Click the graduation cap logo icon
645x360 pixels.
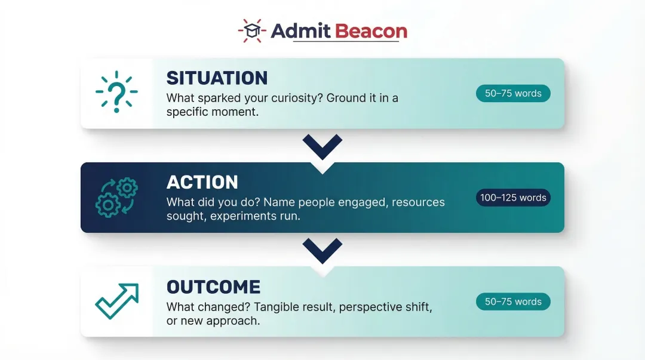pyautogui.click(x=251, y=30)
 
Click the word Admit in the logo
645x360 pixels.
pyautogui.click(x=300, y=31)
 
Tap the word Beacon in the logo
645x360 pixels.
pyautogui.click(x=371, y=31)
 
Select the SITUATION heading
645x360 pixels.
pyautogui.click(x=217, y=78)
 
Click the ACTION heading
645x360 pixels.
pyautogui.click(x=202, y=182)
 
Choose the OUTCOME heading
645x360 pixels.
pyautogui.click(x=213, y=287)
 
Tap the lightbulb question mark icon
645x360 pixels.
pyautogui.click(x=117, y=93)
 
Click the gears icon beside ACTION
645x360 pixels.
pyautogui.click(x=117, y=197)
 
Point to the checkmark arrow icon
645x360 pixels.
pyautogui.click(x=117, y=301)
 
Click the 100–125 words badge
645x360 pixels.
pyautogui.click(x=513, y=198)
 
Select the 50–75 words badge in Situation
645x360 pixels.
pyautogui.click(x=513, y=94)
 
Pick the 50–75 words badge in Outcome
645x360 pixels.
pyautogui.click(x=513, y=302)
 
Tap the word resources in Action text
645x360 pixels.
pyautogui.click(x=417, y=202)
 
